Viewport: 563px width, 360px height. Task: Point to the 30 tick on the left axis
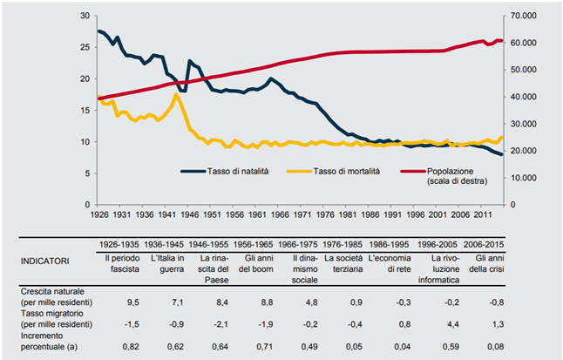point(84,17)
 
